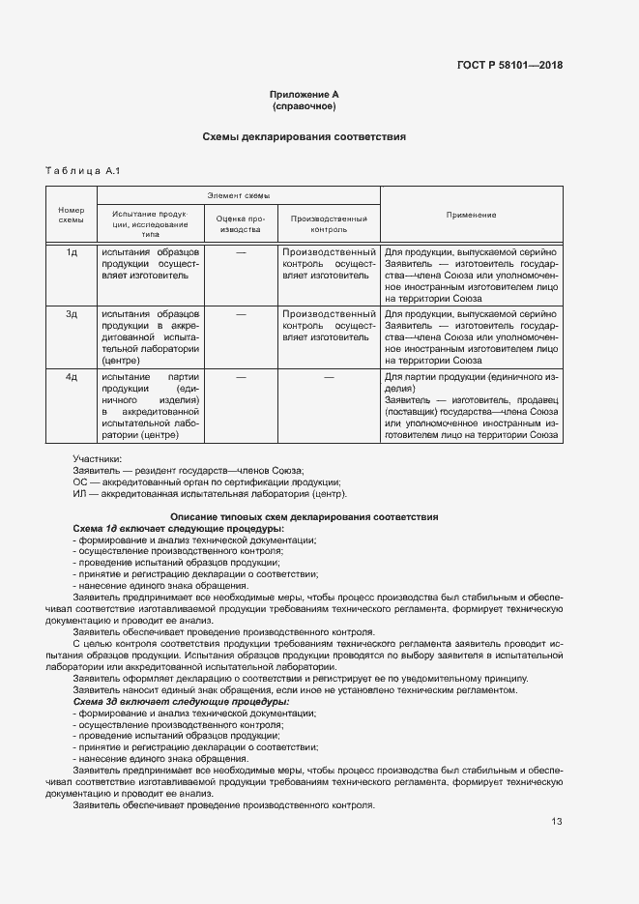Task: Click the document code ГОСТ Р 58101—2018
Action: click(x=509, y=66)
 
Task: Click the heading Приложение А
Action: click(x=305, y=94)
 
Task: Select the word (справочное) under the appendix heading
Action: click(x=305, y=105)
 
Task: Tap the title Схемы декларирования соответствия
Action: click(x=304, y=137)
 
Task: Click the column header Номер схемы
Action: click(x=72, y=215)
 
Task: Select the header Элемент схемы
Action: click(x=239, y=195)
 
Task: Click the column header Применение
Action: click(x=471, y=215)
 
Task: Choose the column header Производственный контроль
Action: click(x=329, y=224)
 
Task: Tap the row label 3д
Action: click(x=72, y=313)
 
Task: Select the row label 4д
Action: click(x=72, y=375)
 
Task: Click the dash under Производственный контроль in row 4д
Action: click(x=329, y=375)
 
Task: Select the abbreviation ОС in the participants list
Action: click(x=80, y=481)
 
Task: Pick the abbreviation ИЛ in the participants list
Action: click(x=80, y=493)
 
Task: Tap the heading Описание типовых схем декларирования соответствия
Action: click(x=304, y=517)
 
